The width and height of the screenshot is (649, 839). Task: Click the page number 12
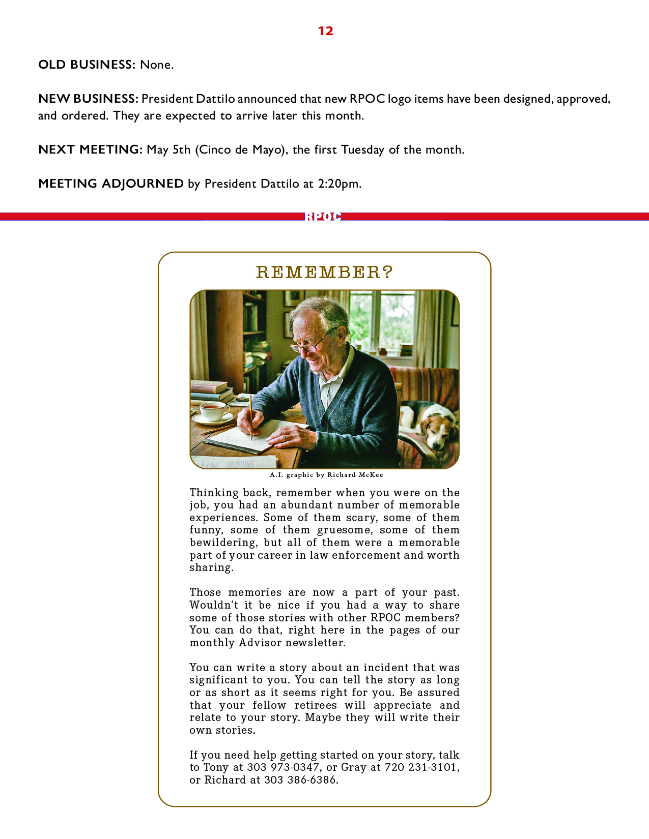coord(325,31)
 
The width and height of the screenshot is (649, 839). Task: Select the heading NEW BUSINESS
coord(88,99)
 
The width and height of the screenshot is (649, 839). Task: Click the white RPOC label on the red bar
coord(323,217)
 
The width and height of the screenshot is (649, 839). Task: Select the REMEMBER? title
coord(324,273)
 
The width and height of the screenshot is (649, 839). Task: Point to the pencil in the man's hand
coord(250,417)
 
